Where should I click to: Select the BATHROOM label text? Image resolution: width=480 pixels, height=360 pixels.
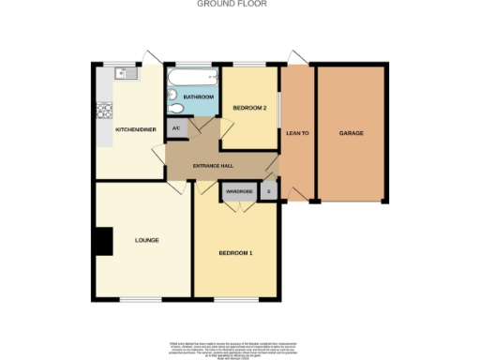tap(198, 97)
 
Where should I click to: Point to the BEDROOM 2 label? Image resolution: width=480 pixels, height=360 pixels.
tap(250, 108)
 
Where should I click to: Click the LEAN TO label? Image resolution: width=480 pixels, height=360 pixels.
tap(297, 133)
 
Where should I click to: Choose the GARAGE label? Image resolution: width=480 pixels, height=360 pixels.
tap(352, 133)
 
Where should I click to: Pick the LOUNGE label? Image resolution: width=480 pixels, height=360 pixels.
tap(146, 240)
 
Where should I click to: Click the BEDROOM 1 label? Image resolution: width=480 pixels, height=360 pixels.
tap(236, 253)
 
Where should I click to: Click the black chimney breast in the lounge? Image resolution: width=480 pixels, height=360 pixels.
tap(102, 241)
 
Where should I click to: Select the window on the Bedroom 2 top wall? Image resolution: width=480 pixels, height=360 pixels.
tap(249, 64)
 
